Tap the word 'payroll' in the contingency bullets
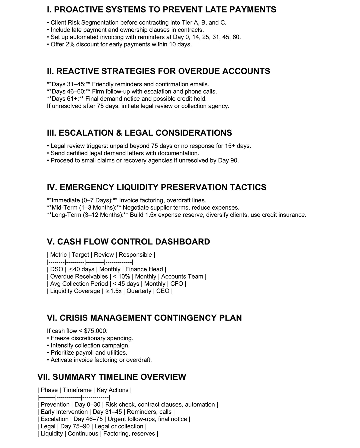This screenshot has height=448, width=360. [86, 352]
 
